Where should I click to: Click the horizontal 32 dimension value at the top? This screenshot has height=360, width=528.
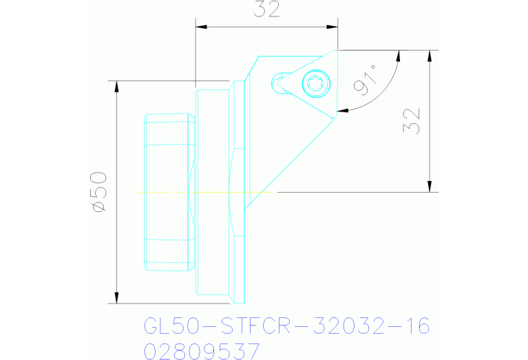267,10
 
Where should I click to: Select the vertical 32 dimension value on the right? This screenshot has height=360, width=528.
413,121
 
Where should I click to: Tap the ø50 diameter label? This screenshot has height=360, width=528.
98,192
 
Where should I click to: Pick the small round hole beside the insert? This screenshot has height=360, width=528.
281,83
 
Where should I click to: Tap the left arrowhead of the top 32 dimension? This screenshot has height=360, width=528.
200,28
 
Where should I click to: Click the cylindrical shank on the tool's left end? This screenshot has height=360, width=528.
168,192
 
